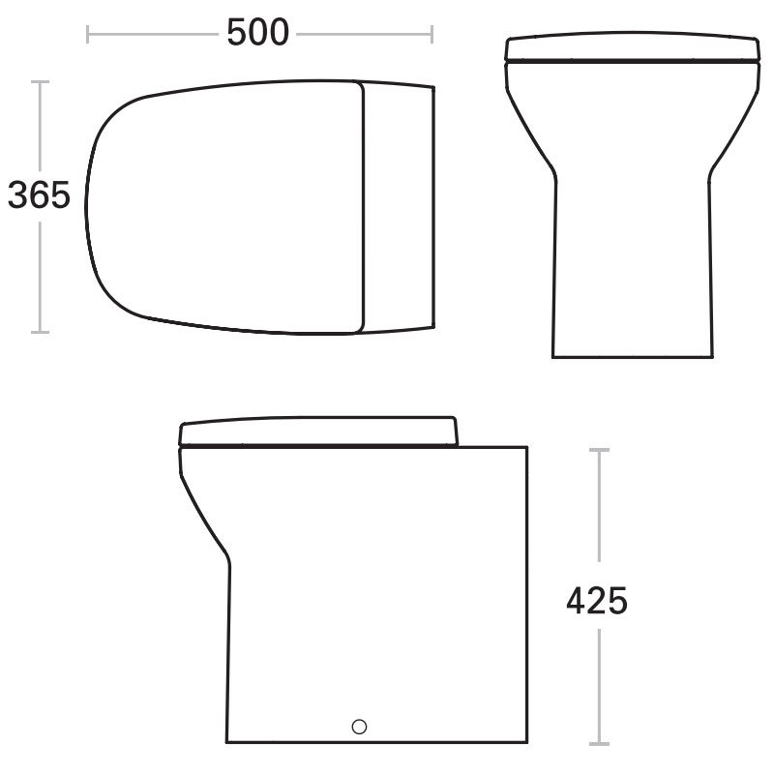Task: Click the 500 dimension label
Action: (257, 33)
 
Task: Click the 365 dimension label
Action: (39, 195)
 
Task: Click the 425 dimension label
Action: (597, 601)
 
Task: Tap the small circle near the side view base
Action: (359, 727)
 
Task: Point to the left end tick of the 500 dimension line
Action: (87, 35)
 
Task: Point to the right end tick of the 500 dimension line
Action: (432, 35)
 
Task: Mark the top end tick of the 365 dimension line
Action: (40, 81)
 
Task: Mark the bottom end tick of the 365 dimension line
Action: (40, 332)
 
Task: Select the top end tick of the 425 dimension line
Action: (599, 450)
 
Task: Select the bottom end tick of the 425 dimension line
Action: (599, 744)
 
